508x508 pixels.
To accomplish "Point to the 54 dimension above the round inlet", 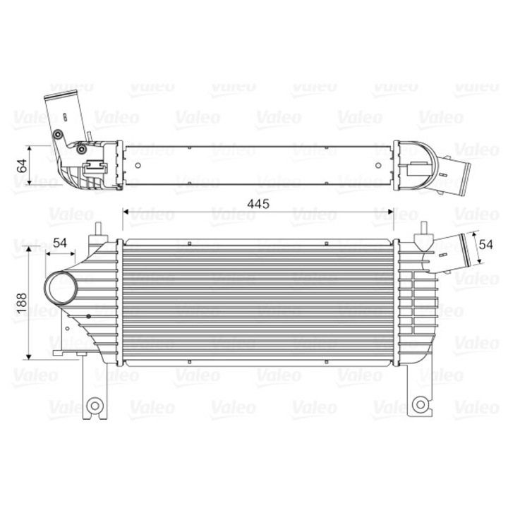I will pos(60,243).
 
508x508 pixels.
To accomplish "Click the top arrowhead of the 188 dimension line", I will pos(28,251).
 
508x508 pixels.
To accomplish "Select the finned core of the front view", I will pos(258,302).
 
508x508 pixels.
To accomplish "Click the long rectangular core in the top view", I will pos(258,167).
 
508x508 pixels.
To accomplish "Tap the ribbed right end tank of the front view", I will pos(413,303).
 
